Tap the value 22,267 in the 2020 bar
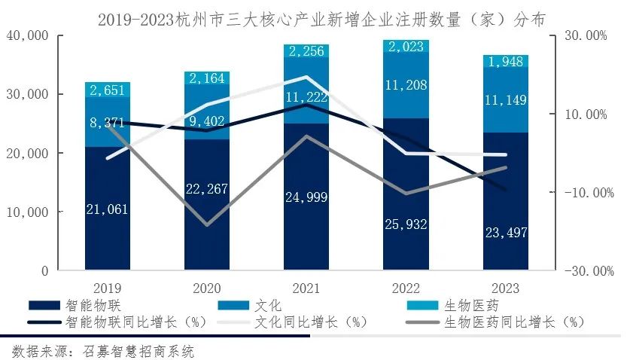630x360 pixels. pos(206,189)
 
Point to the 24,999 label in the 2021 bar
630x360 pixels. pos(306,198)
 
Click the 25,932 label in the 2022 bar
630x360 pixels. pos(406,224)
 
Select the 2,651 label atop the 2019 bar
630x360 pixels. pos(107,91)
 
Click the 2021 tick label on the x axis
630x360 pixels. pos(306,288)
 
